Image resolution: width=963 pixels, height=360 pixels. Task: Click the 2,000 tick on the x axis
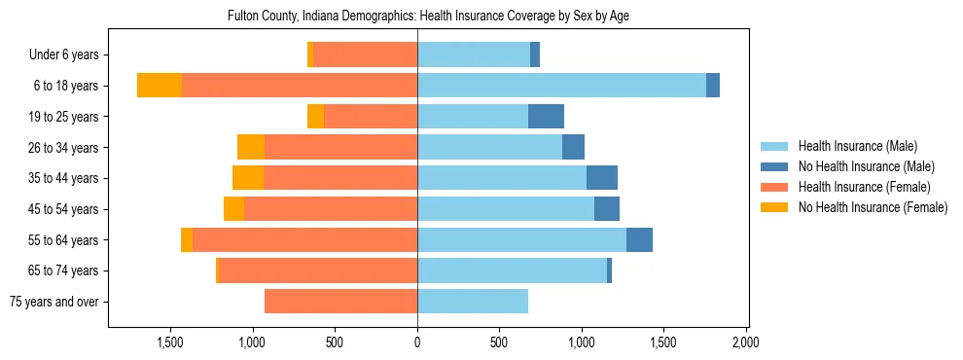pos(746,342)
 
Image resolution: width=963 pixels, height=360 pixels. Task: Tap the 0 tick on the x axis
pos(417,342)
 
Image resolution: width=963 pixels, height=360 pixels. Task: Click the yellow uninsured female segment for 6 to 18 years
pos(160,86)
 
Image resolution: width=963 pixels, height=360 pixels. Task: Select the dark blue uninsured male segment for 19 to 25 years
pos(546,117)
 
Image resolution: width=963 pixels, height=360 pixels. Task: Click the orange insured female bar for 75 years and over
pos(340,302)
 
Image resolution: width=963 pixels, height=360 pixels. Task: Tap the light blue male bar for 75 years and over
pos(473,302)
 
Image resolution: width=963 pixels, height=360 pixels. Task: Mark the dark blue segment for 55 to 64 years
pos(639,240)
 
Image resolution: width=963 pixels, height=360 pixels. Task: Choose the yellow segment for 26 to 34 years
pos(251,147)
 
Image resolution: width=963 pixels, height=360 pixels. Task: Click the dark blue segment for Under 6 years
pos(535,54)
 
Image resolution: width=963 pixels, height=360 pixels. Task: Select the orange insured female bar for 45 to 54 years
pos(331,209)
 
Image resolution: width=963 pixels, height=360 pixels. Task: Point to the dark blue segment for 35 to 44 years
pos(602,178)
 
